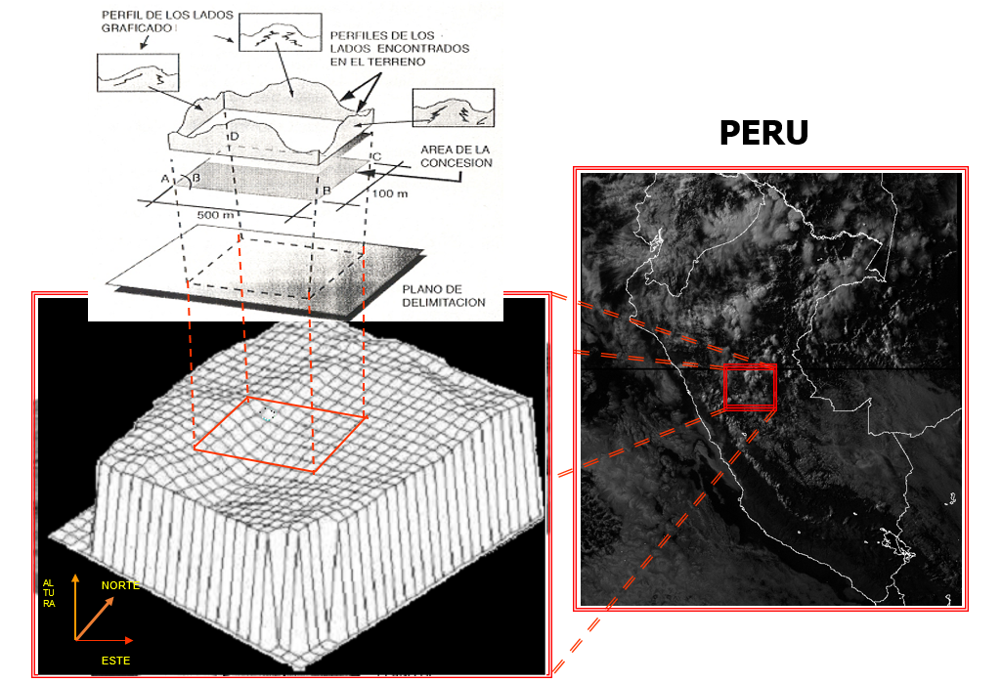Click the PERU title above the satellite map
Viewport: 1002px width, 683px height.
(763, 133)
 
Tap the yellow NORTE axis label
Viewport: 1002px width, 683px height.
(120, 585)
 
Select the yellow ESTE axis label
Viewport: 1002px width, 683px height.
(115, 661)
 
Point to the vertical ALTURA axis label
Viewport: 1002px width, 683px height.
(49, 593)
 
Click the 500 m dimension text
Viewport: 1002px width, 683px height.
(215, 215)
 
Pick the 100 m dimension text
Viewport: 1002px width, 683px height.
(390, 193)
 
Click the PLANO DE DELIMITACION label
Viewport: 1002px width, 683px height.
(444, 296)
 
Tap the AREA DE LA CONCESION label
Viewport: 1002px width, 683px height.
(456, 156)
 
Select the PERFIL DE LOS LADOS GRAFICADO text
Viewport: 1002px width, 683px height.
(167, 21)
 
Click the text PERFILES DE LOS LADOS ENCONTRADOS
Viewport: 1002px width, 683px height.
(400, 42)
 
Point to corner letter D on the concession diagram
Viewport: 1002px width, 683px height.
(235, 136)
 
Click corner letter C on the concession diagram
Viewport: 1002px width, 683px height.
(377, 156)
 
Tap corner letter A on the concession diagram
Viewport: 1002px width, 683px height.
(165, 179)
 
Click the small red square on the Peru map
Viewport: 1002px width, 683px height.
(750, 387)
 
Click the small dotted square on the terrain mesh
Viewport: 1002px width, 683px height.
(269, 414)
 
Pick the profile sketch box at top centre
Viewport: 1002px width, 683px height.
(280, 32)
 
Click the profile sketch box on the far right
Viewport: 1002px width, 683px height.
(454, 107)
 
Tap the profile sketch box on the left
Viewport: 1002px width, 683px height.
(138, 73)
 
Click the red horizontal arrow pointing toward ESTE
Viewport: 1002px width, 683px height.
(105, 640)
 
